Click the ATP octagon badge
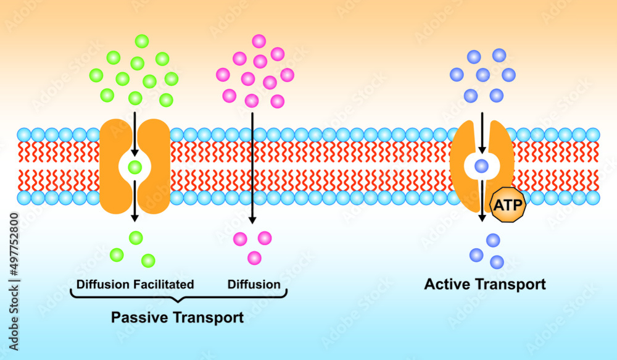(x=507, y=204)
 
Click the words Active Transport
(x=485, y=285)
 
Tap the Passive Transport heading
(x=177, y=317)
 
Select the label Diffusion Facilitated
(x=135, y=285)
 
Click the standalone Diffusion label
(x=254, y=285)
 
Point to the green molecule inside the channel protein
(x=135, y=167)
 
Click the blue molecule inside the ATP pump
(x=481, y=165)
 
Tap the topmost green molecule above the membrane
(x=141, y=41)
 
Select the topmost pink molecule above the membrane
(x=259, y=41)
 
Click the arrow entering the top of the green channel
(x=135, y=133)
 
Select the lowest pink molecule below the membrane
(x=254, y=257)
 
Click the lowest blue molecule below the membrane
(x=497, y=262)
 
